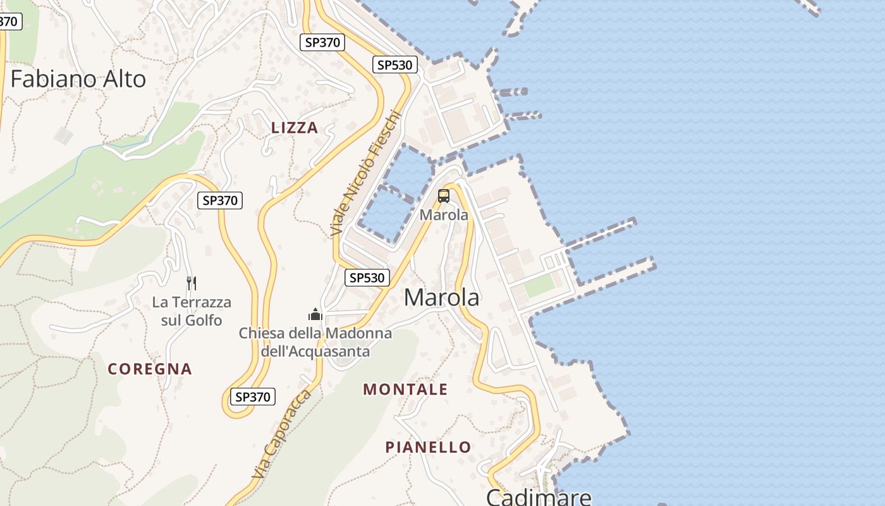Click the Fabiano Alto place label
click(78, 79)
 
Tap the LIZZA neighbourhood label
click(295, 128)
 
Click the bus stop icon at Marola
click(444, 196)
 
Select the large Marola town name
click(441, 297)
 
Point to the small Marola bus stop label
click(444, 215)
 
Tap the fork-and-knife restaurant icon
click(192, 283)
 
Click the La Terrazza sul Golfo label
click(192, 311)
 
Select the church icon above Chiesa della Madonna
click(315, 314)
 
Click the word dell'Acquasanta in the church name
click(315, 351)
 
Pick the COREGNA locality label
click(150, 369)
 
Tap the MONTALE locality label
click(405, 390)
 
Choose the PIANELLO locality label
click(428, 447)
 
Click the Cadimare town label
click(539, 497)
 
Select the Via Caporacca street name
click(282, 434)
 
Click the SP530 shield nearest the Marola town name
click(367, 277)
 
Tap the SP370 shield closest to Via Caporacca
click(252, 397)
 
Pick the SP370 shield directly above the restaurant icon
click(219, 201)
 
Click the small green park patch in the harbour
click(539, 286)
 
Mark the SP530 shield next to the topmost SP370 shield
click(394, 65)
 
